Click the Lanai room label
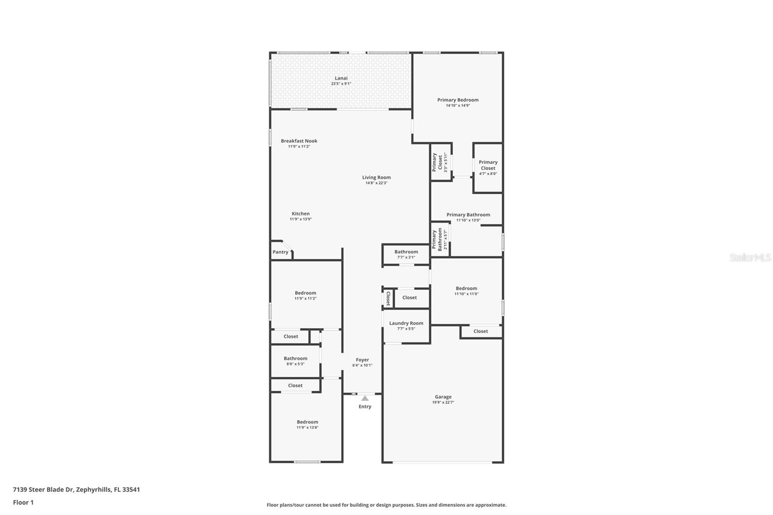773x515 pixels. point(341,78)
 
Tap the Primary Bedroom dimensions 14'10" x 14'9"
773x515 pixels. point(458,105)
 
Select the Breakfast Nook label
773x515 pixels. point(299,141)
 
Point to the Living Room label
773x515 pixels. point(376,177)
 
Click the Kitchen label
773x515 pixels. point(301,214)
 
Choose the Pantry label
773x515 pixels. point(280,252)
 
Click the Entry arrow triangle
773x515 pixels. point(365,399)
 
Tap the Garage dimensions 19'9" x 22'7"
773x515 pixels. point(443,402)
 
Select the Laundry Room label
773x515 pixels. point(406,323)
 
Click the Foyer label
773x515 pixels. point(362,360)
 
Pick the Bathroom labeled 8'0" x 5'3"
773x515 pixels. point(295,358)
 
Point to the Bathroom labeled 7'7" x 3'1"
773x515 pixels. point(406,252)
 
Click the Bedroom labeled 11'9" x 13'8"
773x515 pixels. point(307,422)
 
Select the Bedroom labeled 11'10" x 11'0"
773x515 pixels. point(466,288)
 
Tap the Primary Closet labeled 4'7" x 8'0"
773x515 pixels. point(488,165)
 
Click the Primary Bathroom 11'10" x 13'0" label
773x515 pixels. point(468,215)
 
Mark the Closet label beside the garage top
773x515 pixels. point(480,331)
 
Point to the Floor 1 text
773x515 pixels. point(23,502)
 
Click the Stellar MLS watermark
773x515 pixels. point(750,257)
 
